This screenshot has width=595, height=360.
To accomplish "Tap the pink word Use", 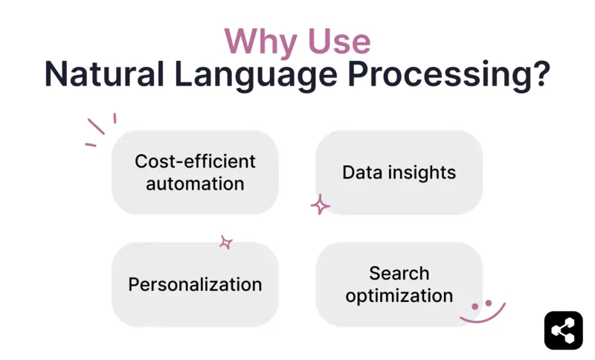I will pos(336,41).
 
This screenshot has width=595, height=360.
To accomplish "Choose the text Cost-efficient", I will pos(195,161).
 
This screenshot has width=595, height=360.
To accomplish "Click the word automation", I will pos(195,183).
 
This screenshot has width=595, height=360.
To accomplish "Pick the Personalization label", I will pos(195,284).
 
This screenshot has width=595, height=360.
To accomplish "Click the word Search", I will pos(399,273).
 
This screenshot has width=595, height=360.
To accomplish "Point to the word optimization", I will pos(399,295).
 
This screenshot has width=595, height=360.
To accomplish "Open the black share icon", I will pos(563,330).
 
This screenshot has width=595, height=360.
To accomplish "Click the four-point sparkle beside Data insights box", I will pos(320,205).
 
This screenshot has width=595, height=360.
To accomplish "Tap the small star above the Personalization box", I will pos(226,242).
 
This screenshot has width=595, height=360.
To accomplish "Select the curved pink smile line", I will pos(483,317).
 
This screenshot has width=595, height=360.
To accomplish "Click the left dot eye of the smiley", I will pos(475,306).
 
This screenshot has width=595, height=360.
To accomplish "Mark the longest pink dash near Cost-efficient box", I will pos(96,126).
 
